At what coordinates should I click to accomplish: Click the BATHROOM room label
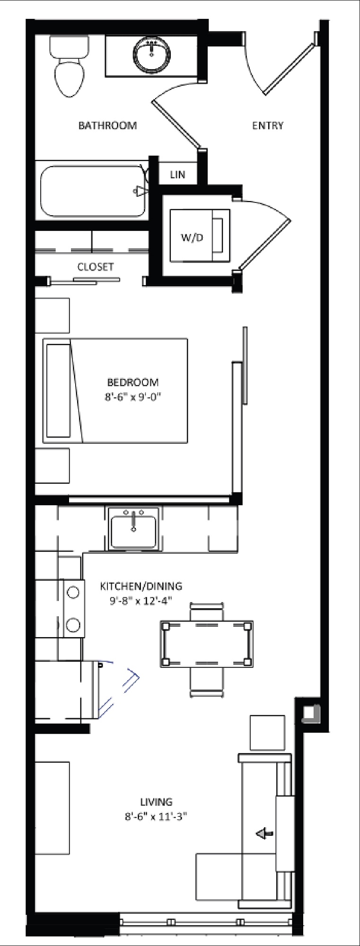[x=107, y=125]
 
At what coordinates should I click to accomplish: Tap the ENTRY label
[x=268, y=125]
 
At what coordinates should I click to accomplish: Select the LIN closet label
[x=177, y=175]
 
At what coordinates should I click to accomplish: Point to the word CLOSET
[x=96, y=267]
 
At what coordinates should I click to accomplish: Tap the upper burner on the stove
[x=73, y=592]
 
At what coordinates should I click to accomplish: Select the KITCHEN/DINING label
[x=141, y=586]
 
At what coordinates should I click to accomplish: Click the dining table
[x=207, y=644]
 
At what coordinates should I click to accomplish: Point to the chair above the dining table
[x=207, y=612]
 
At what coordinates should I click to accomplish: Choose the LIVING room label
[x=156, y=802]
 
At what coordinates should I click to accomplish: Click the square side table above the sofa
[x=267, y=733]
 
